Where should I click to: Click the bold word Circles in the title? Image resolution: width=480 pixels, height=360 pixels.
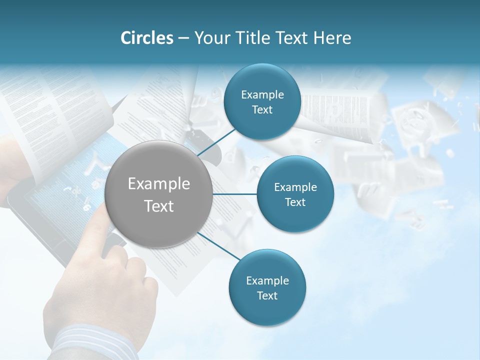[x=146, y=38]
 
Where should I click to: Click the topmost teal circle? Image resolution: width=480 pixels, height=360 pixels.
[x=262, y=102]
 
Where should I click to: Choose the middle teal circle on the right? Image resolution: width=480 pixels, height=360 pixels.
[x=295, y=194]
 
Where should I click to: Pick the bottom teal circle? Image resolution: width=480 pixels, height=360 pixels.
[x=267, y=288]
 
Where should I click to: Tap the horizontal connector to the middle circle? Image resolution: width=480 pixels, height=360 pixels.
[x=234, y=194]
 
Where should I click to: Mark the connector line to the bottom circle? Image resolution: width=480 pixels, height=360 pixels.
[x=216, y=246]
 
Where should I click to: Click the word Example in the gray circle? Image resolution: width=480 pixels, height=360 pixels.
[x=159, y=184]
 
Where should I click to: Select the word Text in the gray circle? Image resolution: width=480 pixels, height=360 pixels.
[x=159, y=206]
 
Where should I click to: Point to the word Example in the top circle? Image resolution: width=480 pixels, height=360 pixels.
[x=262, y=94]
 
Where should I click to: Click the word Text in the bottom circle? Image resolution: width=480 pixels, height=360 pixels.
[x=267, y=295]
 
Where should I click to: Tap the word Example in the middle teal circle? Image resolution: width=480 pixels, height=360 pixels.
[x=295, y=187]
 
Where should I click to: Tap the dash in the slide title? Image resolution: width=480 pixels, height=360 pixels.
[x=183, y=38]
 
